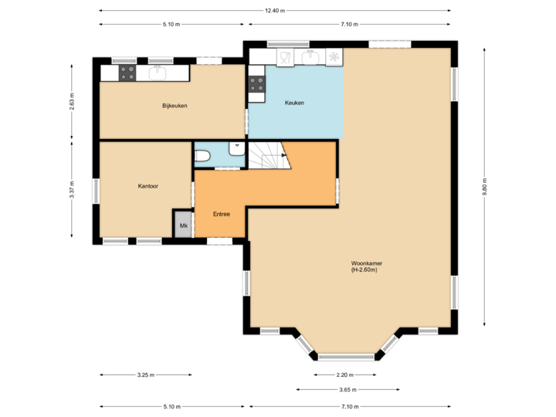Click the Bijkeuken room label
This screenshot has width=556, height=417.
tap(175, 106)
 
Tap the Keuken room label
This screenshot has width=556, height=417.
tap(294, 103)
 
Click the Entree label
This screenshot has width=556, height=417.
tap(222, 214)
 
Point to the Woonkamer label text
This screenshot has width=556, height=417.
tap(366, 266)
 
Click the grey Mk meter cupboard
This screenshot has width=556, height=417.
tap(183, 225)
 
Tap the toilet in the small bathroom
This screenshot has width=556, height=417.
tap(203, 157)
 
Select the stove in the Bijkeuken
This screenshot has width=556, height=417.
tap(128, 73)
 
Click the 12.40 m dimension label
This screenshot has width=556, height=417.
tap(274, 11)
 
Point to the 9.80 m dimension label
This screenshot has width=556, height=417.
tap(484, 190)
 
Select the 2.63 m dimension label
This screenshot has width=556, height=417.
tap(72, 103)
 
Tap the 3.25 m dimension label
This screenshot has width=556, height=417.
tap(146, 375)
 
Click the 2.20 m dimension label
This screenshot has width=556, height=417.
tap(345, 375)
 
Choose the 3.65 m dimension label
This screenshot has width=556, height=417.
tap(345, 391)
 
